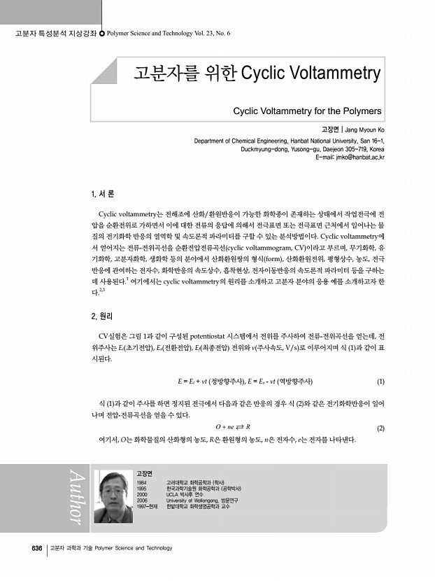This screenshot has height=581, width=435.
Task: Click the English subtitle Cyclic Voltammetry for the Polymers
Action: tap(307, 111)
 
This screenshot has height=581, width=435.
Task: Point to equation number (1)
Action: tap(380, 381)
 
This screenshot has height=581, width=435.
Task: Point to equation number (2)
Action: tap(380, 428)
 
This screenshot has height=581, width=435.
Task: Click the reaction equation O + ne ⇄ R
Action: tap(233, 427)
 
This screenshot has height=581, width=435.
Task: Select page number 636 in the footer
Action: tap(37, 548)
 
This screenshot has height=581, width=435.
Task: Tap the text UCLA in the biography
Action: tap(173, 494)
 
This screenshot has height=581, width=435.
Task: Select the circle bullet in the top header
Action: tap(103, 33)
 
